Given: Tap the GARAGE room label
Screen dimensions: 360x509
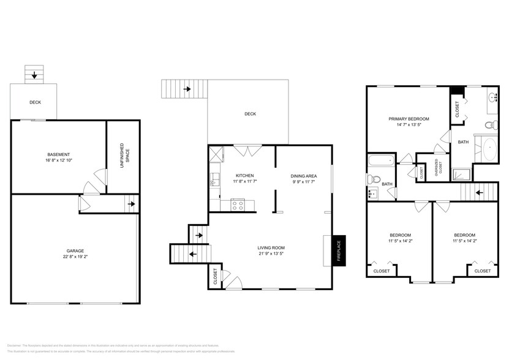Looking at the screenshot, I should (75, 250).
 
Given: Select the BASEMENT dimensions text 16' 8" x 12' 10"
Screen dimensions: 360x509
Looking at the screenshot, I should (59, 160).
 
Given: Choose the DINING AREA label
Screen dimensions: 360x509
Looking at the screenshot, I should (303, 176).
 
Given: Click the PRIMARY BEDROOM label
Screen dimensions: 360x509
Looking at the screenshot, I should (409, 119).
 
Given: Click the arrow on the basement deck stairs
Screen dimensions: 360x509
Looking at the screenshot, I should (34, 76).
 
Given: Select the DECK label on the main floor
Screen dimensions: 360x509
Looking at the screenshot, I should (250, 114).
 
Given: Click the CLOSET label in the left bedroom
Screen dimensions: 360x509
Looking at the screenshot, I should (382, 271).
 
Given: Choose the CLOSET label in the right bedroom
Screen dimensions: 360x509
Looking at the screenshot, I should (482, 271).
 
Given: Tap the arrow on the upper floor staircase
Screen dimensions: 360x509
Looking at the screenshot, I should (478, 192).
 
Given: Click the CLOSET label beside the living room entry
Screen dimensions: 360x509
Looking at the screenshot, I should (214, 276).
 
